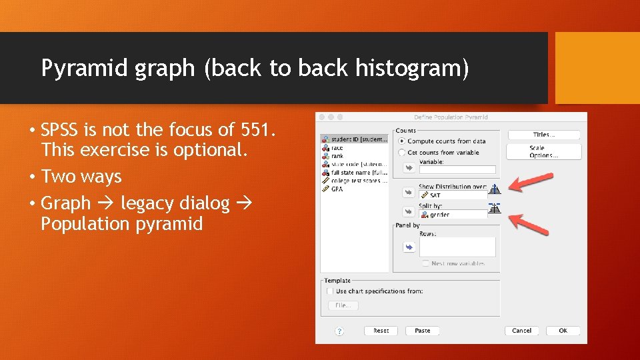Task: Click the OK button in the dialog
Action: [x=563, y=331]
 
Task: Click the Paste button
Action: [x=422, y=331]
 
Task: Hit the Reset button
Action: [x=381, y=331]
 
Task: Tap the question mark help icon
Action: [x=339, y=331]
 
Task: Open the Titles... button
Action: [x=544, y=135]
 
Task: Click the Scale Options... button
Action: [x=544, y=152]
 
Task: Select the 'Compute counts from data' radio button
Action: [x=401, y=141]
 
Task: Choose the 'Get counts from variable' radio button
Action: [x=401, y=153]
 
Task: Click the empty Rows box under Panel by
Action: [x=457, y=247]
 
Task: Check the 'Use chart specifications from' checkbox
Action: [x=330, y=291]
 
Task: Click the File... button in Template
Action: [x=343, y=305]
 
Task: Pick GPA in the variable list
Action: [x=337, y=189]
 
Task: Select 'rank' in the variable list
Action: [x=337, y=156]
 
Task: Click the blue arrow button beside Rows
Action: [x=408, y=247]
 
